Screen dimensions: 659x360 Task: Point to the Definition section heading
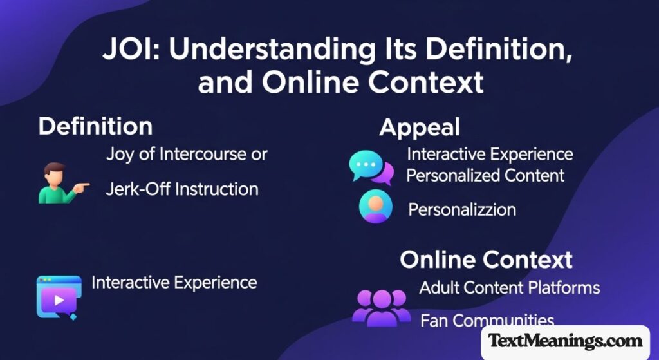tap(95, 126)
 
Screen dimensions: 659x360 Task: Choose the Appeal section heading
tap(420, 128)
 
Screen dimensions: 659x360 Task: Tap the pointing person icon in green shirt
tap(64, 183)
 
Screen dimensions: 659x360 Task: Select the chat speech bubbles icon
tap(371, 167)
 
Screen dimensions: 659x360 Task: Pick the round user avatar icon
tap(376, 206)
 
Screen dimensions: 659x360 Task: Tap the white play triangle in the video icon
tap(59, 300)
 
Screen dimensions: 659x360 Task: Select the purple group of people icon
tap(381, 307)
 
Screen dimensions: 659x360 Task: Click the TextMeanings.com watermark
tap(565, 340)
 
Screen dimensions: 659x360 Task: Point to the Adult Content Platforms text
tap(510, 288)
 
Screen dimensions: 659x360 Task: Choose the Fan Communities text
tap(487, 321)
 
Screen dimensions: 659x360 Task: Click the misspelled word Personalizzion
tap(462, 209)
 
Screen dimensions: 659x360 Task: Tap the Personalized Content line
tap(485, 175)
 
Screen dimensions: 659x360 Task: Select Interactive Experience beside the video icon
tap(174, 283)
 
